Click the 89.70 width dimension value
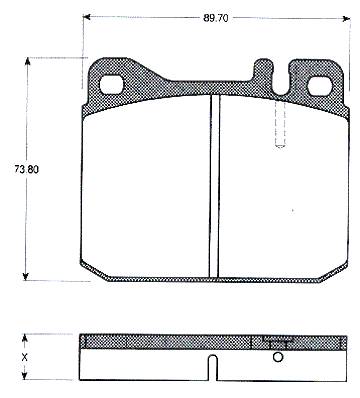click(x=216, y=19)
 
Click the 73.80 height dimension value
click(x=26, y=169)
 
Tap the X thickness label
click(x=24, y=358)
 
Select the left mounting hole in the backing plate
click(x=112, y=85)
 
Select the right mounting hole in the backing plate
click(x=320, y=87)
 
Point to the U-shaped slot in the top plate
click(x=280, y=79)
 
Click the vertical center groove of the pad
click(x=215, y=186)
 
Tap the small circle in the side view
click(x=278, y=357)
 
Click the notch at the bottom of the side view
click(x=213, y=368)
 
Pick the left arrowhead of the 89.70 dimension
click(x=87, y=17)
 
